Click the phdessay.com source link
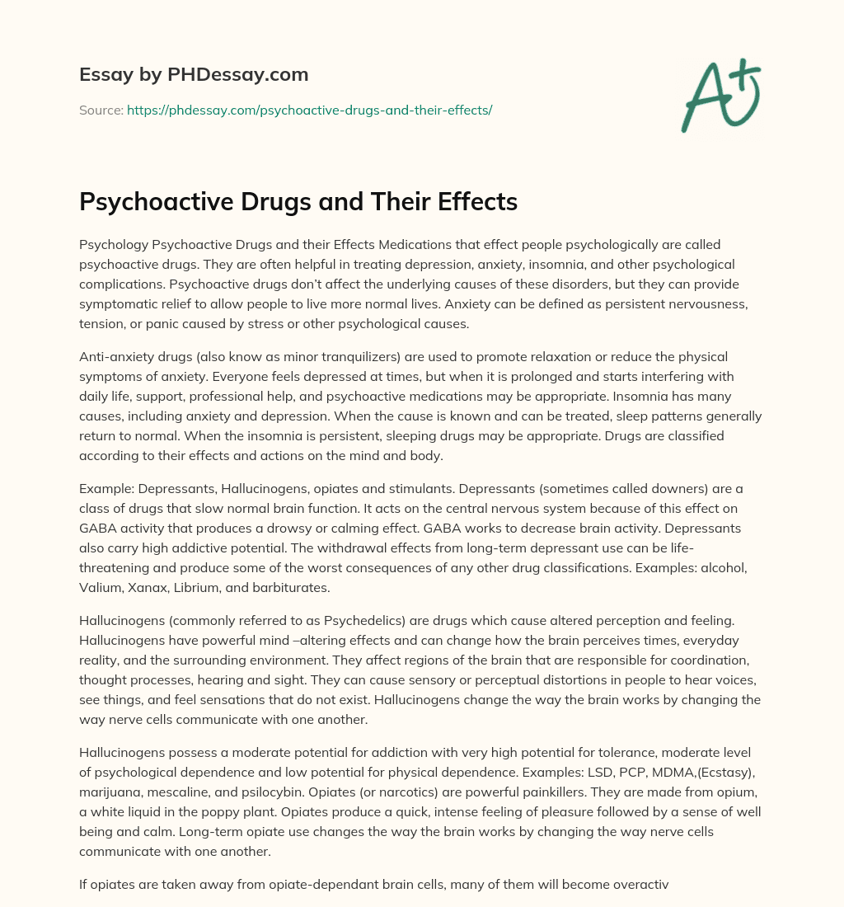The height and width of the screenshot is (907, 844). (x=309, y=110)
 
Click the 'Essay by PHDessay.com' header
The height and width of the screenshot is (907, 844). (x=194, y=75)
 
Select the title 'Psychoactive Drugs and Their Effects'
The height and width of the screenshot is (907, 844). (x=298, y=201)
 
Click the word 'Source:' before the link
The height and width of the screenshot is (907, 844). (x=101, y=110)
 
